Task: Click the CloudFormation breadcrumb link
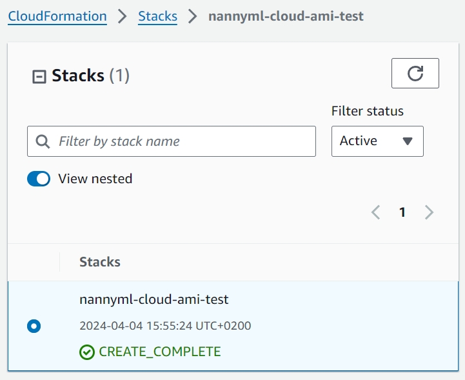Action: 57,16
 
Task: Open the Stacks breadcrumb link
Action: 158,16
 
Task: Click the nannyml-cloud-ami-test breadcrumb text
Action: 286,16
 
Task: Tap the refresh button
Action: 415,74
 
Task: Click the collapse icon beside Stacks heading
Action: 39,77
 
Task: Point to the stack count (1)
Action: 119,75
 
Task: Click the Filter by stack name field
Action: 172,141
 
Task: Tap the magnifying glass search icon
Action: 43,141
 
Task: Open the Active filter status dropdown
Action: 377,141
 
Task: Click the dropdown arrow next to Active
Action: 408,141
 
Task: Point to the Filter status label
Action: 368,111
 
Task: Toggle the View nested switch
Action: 39,179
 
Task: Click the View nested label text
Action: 95,179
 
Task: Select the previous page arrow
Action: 376,212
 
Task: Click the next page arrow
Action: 429,212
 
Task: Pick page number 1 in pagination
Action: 402,212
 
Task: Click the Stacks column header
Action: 100,262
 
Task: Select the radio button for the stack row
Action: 34,326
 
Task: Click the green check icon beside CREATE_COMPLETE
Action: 87,352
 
